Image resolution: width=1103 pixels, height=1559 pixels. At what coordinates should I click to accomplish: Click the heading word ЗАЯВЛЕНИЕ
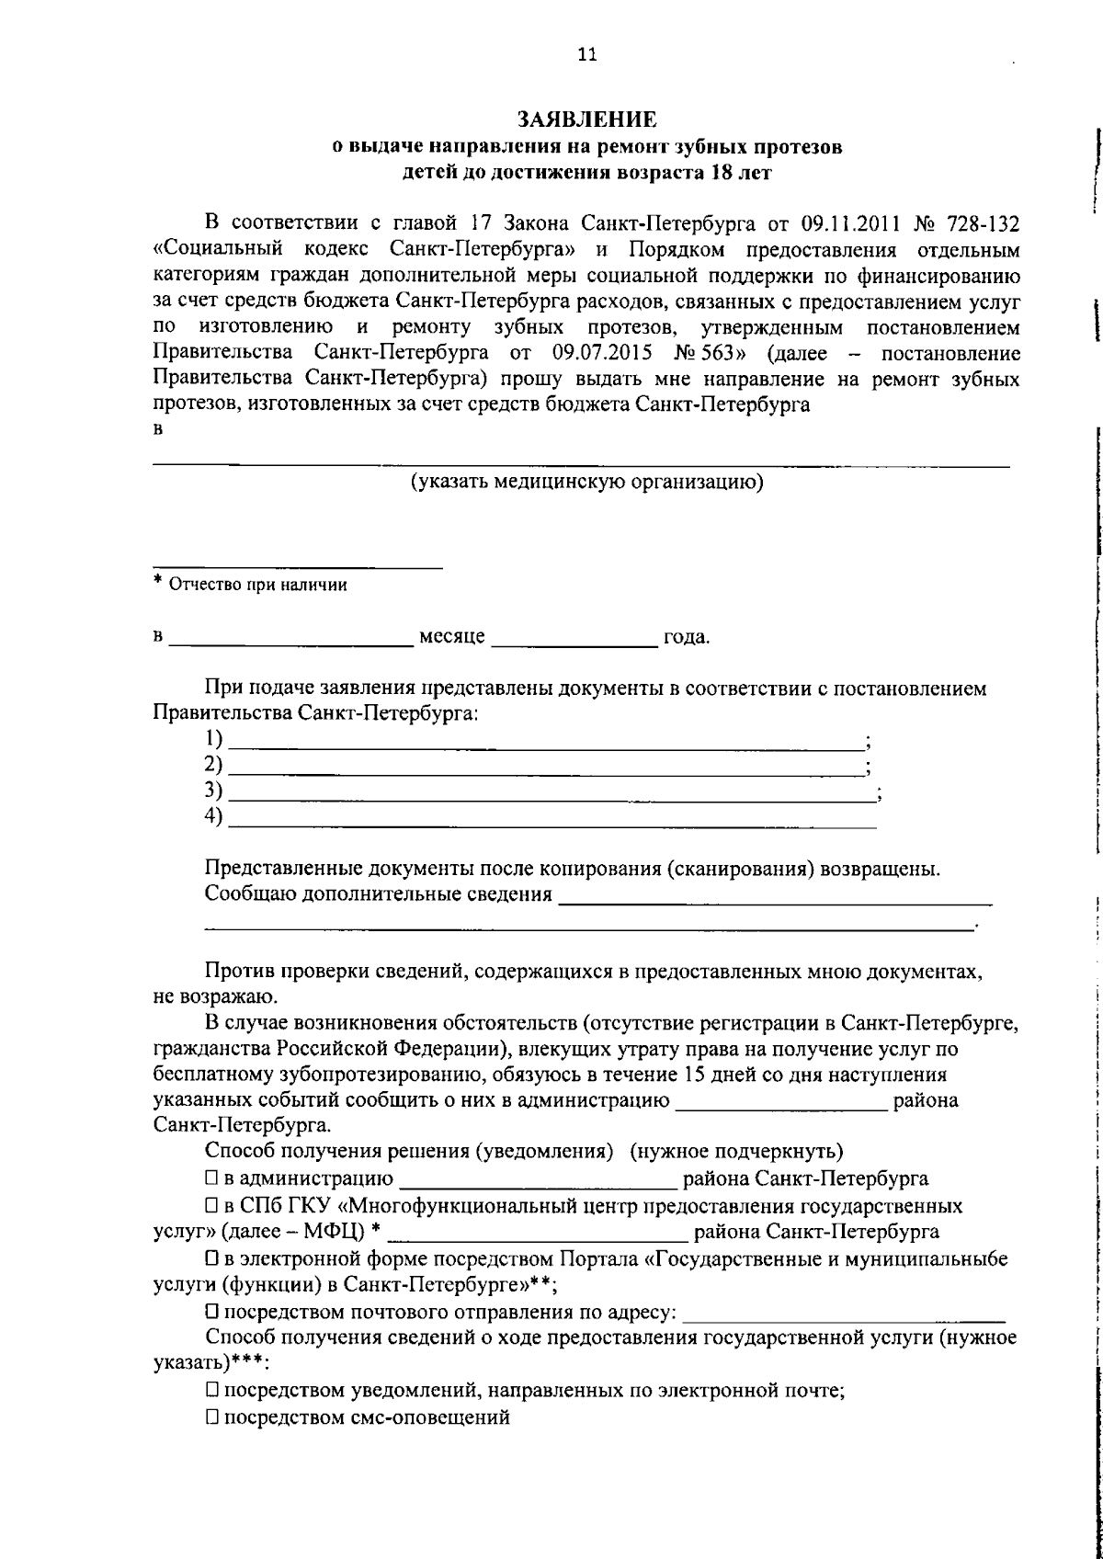pos(586,119)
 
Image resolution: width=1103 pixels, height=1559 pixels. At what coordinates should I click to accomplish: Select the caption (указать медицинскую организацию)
pos(586,482)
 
